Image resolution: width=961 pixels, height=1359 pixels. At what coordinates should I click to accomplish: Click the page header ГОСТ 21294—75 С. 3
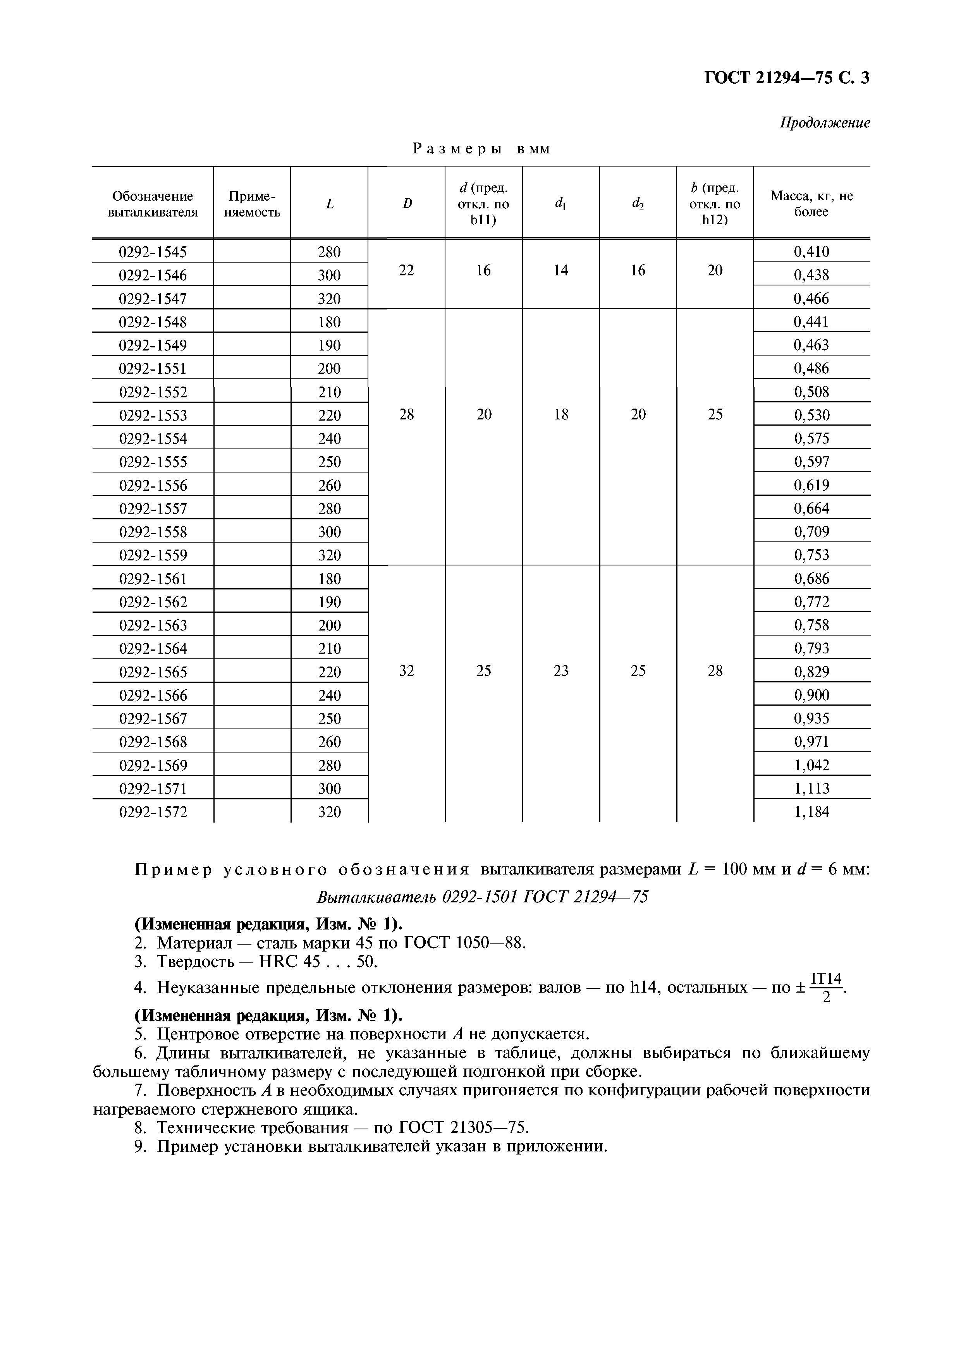[x=786, y=78]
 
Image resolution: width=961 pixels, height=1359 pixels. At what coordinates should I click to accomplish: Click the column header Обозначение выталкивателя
[x=153, y=204]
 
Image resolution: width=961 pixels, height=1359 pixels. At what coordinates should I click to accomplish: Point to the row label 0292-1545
[x=153, y=252]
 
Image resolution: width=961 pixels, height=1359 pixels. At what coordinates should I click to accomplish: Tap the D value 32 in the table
[x=406, y=671]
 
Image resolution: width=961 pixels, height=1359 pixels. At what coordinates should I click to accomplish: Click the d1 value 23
[x=561, y=671]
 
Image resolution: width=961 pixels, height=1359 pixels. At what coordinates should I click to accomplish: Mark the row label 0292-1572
[x=153, y=812]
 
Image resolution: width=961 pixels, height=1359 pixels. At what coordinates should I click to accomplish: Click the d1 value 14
[x=561, y=270]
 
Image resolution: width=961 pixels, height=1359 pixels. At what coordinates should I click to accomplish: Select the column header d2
[x=638, y=204]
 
